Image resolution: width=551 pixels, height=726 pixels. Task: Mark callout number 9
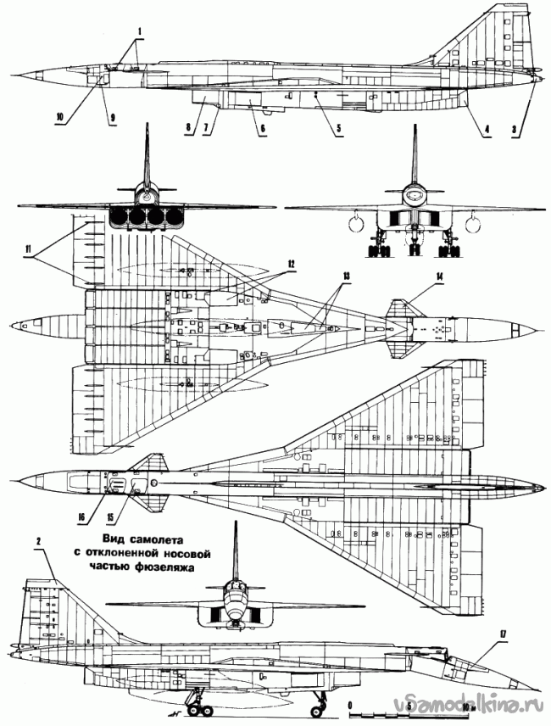coord(111,117)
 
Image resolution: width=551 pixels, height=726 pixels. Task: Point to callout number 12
coord(290,264)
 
